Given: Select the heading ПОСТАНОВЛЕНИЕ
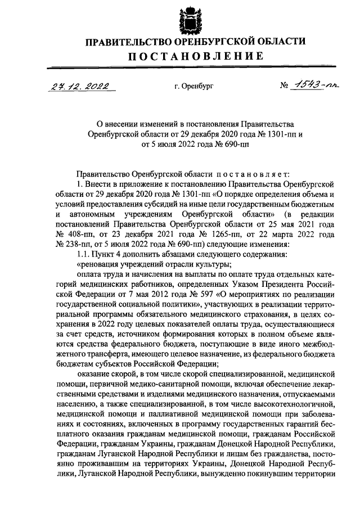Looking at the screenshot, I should (x=195, y=56).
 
